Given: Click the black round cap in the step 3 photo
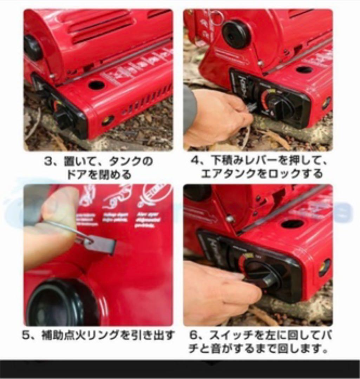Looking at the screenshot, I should [33, 48].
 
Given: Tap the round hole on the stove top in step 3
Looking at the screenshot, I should [96, 85].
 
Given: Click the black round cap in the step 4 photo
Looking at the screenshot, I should [236, 34].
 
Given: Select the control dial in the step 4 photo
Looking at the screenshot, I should [280, 104].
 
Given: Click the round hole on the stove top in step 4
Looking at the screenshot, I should [304, 69].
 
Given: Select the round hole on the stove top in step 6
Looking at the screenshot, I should [292, 224].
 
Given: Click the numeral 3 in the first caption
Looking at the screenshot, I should [48, 162].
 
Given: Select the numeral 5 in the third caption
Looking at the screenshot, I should [26, 335].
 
